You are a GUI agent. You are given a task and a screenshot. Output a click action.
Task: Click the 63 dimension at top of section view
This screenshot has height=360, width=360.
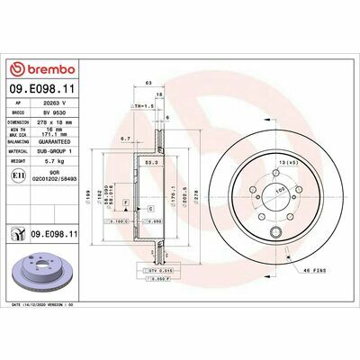pos(147,82)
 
